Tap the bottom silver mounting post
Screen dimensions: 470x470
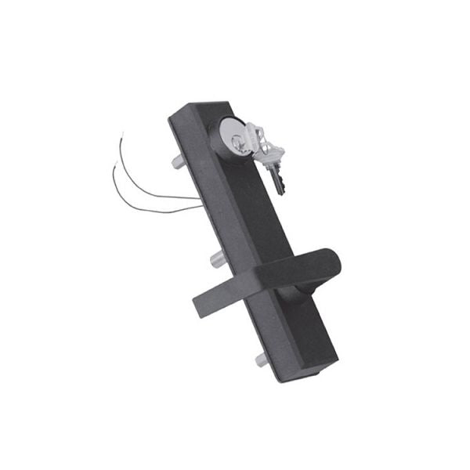(261, 360)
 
